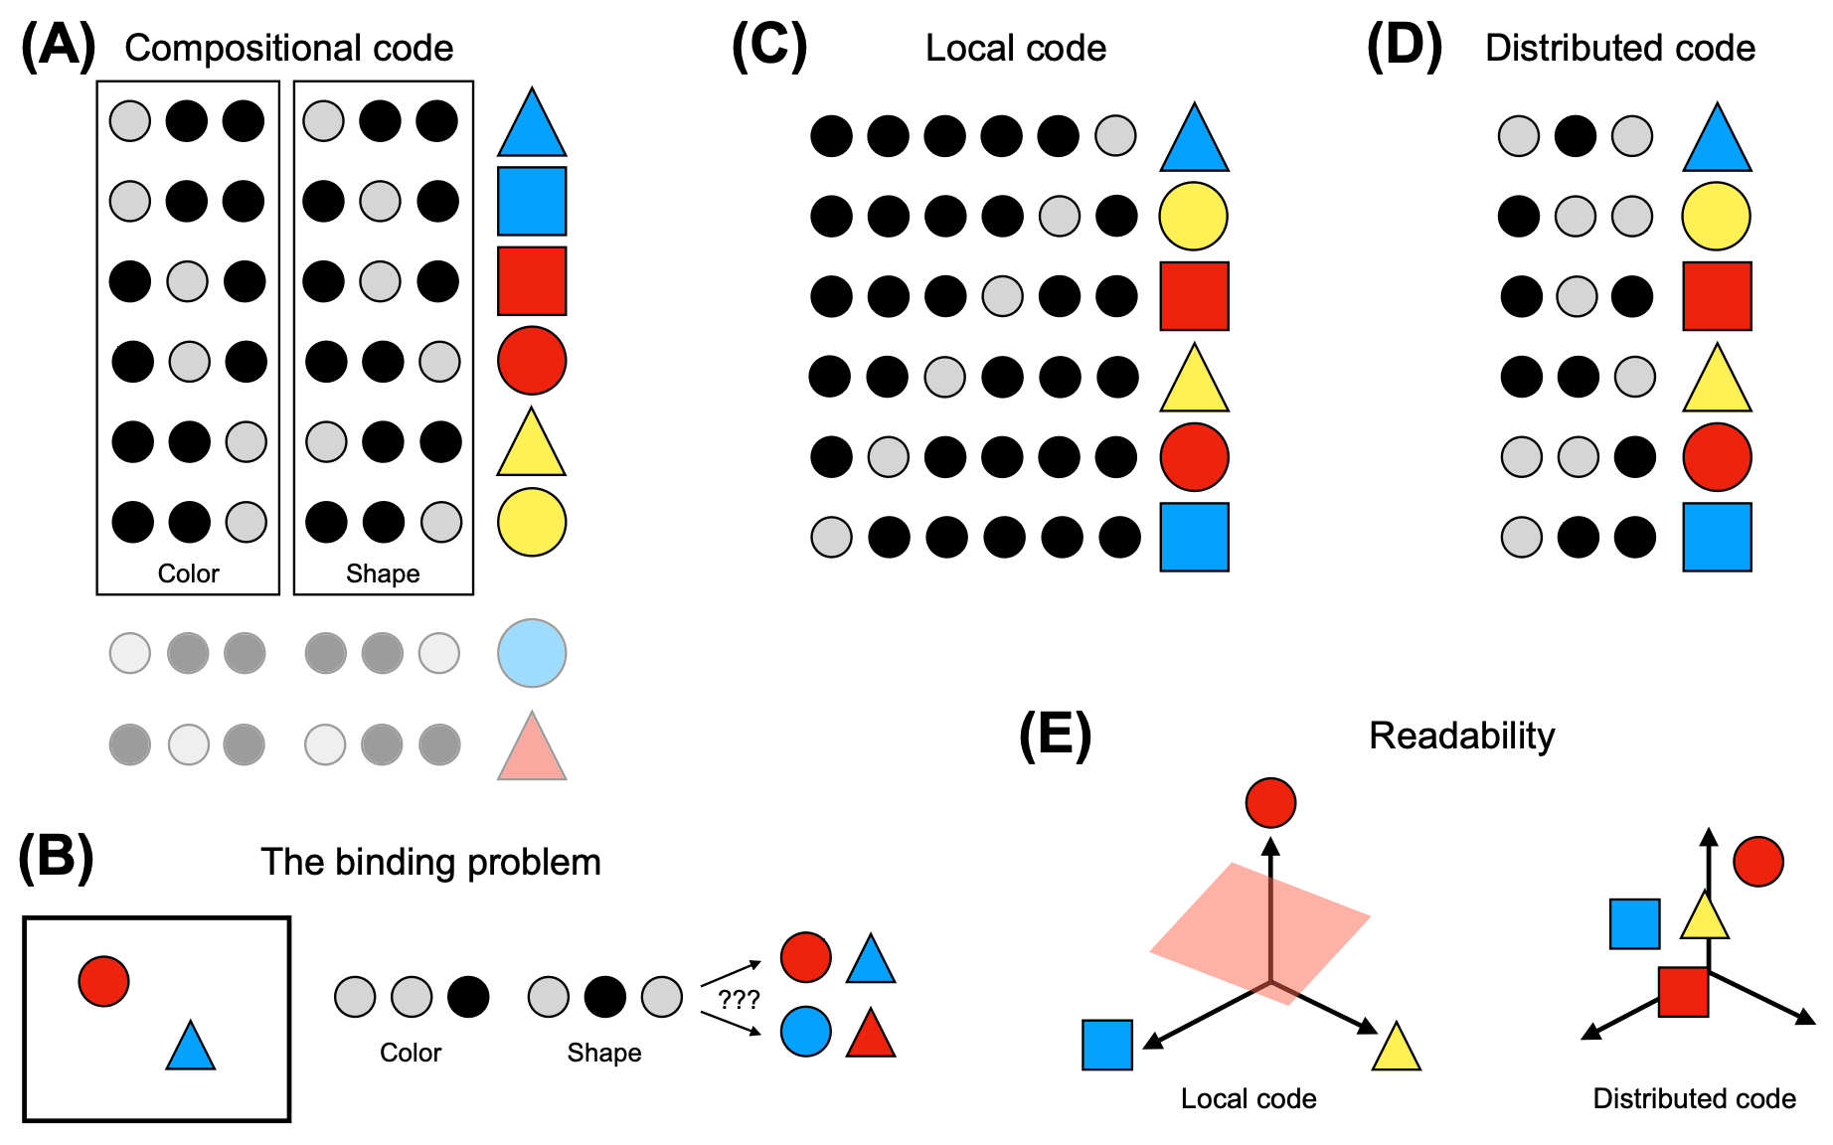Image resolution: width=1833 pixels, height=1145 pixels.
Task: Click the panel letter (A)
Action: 58,46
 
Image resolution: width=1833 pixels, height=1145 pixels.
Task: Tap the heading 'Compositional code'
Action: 288,48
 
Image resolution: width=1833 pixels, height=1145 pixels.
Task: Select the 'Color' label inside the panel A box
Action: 188,573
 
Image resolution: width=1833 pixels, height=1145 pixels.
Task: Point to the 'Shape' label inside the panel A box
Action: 383,573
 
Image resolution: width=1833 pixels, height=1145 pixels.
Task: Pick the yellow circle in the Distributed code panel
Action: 1716,216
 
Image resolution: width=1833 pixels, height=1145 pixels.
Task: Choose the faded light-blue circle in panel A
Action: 532,653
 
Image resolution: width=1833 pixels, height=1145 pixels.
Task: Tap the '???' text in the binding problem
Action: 739,999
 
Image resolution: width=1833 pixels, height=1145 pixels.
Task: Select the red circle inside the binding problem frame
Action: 103,981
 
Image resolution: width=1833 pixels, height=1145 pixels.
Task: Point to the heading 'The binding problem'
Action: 430,862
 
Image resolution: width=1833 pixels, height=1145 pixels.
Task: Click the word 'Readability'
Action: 1461,736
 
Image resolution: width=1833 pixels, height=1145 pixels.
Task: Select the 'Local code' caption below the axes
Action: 1249,1098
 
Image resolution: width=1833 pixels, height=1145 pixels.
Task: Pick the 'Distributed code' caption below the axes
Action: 1694,1098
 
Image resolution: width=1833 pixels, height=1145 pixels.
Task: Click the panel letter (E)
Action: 1055,736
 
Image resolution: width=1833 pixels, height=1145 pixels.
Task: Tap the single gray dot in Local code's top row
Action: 1115,135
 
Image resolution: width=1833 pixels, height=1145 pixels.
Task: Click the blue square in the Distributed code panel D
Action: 1717,537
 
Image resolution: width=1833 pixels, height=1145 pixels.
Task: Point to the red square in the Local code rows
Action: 1195,296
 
